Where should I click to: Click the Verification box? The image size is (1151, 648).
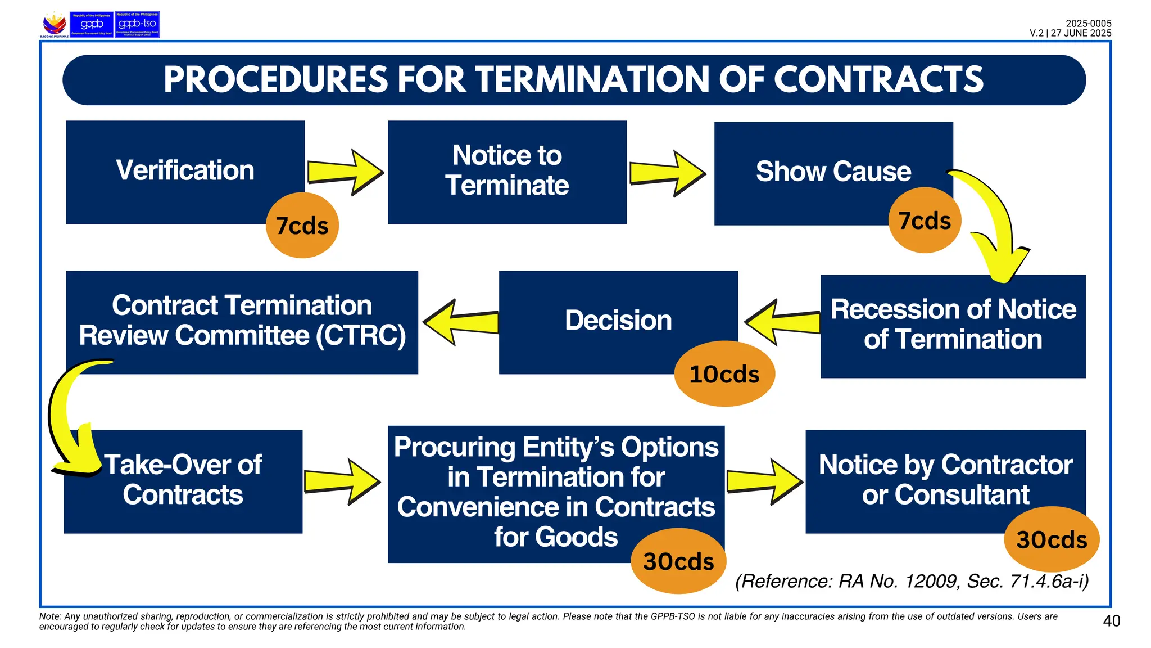pos(185,171)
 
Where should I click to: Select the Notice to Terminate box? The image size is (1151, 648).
pos(507,171)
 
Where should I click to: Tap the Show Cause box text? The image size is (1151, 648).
pos(833,171)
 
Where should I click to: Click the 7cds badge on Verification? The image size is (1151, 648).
pos(302,226)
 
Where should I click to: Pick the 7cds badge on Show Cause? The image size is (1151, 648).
pos(925,220)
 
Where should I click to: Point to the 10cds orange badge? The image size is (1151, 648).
pos(724,374)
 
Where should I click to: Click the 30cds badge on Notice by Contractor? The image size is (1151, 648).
pos(1051,539)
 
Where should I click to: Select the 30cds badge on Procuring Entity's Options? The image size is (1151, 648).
pos(678,561)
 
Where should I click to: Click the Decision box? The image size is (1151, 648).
pos(618,321)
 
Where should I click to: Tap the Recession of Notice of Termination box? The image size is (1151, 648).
pos(953,325)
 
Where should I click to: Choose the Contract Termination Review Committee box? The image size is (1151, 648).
pos(242,321)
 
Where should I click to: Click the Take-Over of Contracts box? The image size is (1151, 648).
pos(183,480)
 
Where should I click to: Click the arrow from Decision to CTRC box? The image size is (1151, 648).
pos(461,322)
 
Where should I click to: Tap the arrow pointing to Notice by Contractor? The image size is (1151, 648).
pos(764,481)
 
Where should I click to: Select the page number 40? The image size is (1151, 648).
pos(1111,621)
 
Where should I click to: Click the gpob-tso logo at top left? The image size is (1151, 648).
pos(137,25)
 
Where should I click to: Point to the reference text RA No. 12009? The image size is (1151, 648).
pos(910,581)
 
